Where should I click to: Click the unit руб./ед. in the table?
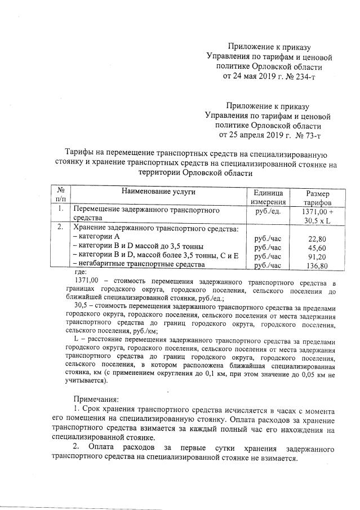[268, 211]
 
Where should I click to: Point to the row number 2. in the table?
[60, 228]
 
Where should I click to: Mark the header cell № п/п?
[60, 197]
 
